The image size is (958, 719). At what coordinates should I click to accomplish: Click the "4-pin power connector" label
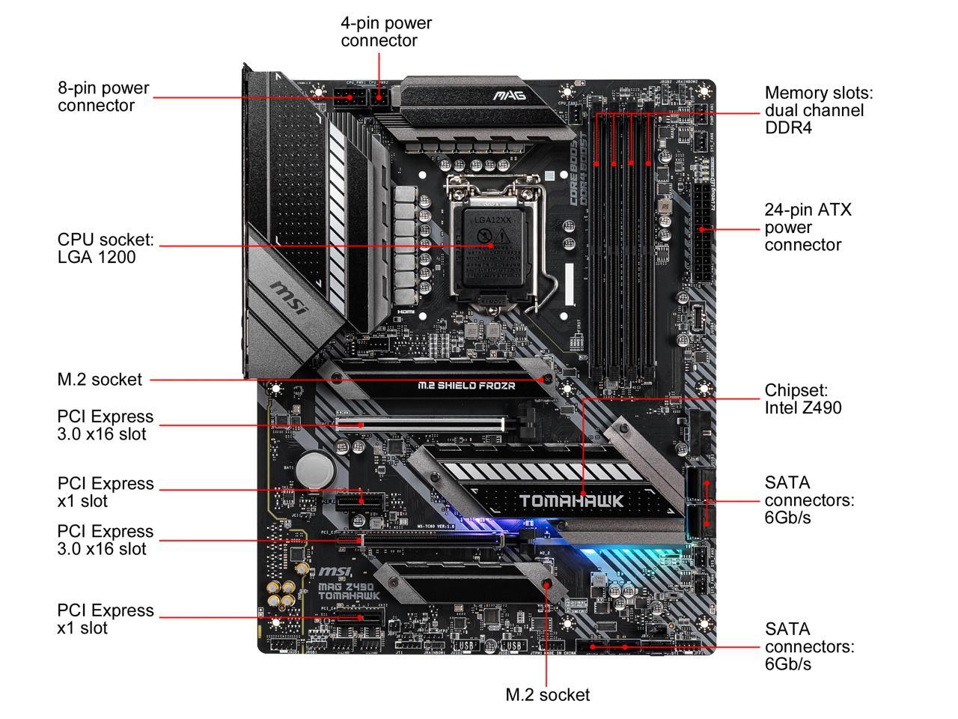pos(386,31)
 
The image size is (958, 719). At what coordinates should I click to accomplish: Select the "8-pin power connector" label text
pos(103,97)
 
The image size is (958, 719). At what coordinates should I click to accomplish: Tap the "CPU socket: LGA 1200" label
pos(106,248)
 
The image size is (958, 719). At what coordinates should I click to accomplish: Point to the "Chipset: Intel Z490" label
pos(802,399)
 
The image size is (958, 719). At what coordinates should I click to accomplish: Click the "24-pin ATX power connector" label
pos(808,227)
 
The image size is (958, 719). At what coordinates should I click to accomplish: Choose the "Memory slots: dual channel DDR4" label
pos(818,110)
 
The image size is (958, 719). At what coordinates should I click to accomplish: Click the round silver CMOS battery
pos(315,470)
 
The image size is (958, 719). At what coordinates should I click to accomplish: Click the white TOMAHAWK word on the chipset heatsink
pos(571,500)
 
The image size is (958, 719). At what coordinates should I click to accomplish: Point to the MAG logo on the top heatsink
pos(509,96)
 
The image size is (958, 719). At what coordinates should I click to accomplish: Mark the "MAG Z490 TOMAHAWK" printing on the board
pos(349,585)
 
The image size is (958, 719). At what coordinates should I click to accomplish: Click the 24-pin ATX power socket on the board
pos(702,234)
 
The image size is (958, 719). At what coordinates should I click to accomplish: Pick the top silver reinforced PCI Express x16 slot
pos(420,424)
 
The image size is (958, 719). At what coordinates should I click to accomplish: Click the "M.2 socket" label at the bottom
pos(547,695)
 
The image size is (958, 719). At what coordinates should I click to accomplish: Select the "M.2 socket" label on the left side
pos(100,380)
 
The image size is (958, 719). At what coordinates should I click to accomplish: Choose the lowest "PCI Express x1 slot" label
pos(106,619)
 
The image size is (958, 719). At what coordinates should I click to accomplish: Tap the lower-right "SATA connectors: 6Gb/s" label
pos(809,646)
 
